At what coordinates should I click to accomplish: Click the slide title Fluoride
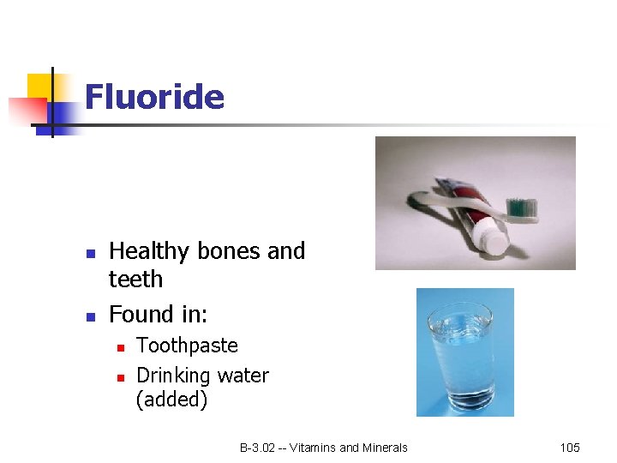click(154, 97)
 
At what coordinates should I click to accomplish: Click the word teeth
click(135, 280)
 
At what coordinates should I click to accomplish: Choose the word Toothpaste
click(187, 346)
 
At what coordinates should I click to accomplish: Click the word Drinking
click(173, 376)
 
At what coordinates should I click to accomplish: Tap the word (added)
click(171, 400)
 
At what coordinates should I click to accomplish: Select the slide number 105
click(570, 448)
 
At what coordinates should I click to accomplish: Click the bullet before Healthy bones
click(90, 254)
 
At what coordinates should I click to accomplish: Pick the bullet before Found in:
click(90, 317)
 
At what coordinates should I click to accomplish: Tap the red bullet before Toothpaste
click(121, 347)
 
